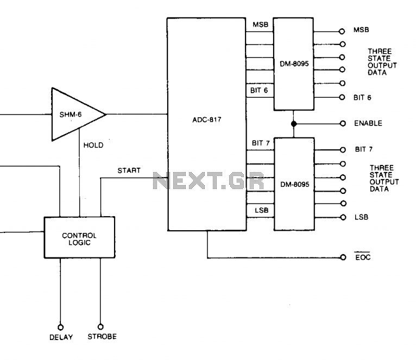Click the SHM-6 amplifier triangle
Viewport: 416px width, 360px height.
pyautogui.click(x=76, y=114)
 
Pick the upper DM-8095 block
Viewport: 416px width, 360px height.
pyautogui.click(x=294, y=64)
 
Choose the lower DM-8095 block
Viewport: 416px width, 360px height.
pyautogui.click(x=294, y=184)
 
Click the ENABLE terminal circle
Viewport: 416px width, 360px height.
pyautogui.click(x=343, y=123)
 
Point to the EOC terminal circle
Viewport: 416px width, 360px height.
pyautogui.click(x=343, y=257)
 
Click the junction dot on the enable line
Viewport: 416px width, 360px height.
pyautogui.click(x=294, y=123)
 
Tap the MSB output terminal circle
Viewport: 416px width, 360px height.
pyautogui.click(x=343, y=31)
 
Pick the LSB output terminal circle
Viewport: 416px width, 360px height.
pyautogui.click(x=343, y=217)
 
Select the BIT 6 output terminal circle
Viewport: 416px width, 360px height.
pyautogui.click(x=343, y=98)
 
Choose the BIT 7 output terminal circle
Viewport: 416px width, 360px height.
pyautogui.click(x=343, y=149)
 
